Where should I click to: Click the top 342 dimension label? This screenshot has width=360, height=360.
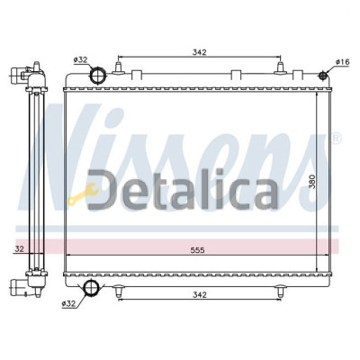(200, 52)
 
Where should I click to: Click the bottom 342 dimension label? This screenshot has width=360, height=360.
(200, 295)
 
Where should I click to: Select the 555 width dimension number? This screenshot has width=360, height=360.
(198, 250)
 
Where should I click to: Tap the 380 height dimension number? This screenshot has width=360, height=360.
(312, 182)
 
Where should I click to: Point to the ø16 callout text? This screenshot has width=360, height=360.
(343, 62)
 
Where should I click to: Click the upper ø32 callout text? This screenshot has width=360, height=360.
(80, 60)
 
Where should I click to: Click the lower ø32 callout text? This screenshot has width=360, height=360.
(68, 303)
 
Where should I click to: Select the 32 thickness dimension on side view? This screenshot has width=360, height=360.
(20, 248)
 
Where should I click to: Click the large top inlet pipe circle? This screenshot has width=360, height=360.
(98, 76)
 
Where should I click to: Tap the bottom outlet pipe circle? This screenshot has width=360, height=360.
(90, 287)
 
